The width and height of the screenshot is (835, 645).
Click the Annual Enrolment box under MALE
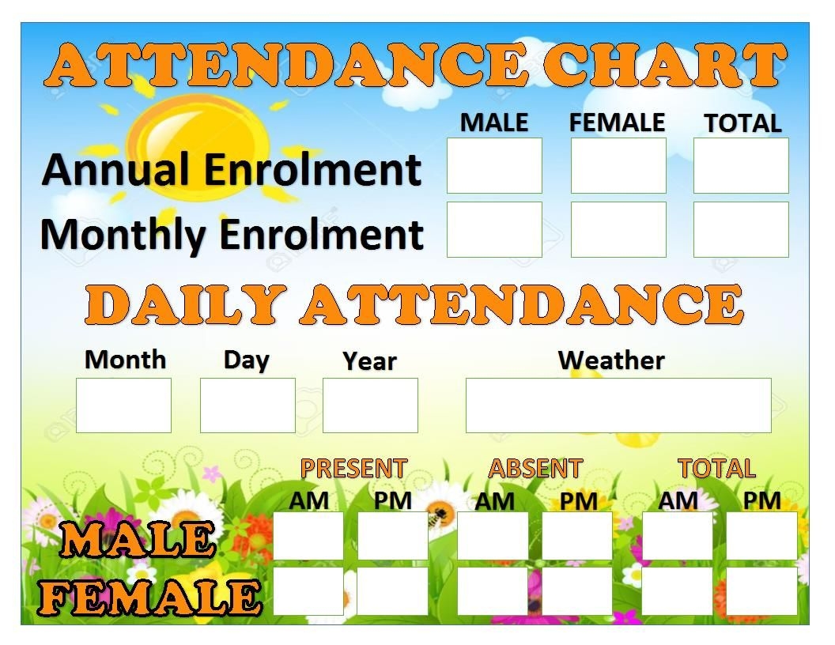pos(494,166)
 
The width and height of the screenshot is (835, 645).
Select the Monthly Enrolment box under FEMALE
pos(618,229)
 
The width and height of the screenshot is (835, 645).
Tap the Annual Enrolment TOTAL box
pos(741,166)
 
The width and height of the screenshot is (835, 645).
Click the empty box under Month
pos(123,405)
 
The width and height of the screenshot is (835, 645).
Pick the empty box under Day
pos(247,405)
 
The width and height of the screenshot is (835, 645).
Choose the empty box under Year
pos(370,405)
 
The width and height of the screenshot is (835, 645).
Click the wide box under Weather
pos(618,405)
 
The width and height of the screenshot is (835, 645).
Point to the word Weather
pos(611,360)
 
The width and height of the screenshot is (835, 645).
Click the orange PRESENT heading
pos(353,469)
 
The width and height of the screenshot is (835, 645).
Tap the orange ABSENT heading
pos(535,469)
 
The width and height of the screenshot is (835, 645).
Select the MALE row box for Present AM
pos(308,536)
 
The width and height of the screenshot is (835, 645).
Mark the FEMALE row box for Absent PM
pos(577,591)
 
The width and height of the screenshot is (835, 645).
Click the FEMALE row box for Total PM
pos(761,591)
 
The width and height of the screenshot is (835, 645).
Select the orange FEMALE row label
pos(150,597)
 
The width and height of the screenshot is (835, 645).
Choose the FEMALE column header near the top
pos(617,123)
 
